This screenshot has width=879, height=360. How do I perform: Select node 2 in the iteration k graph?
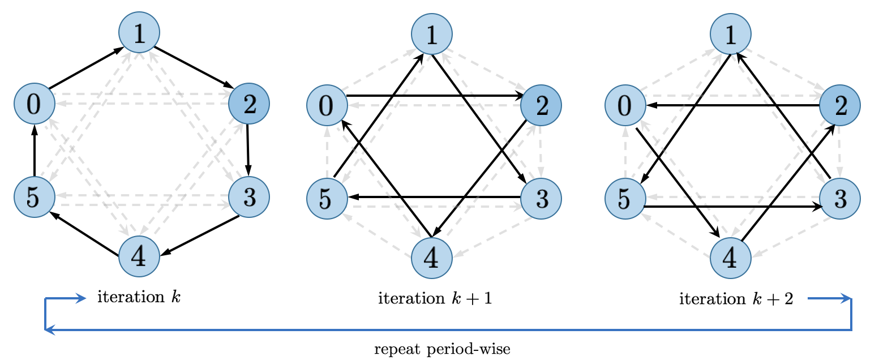coord(249,104)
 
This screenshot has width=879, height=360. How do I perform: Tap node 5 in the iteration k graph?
coord(35,196)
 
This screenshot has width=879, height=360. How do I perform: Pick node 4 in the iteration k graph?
coord(139,256)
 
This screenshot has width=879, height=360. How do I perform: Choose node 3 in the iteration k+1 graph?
coord(541,199)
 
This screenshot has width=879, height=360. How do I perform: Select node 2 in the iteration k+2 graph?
coord(840,106)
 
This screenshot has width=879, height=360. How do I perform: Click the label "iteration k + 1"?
coord(435,298)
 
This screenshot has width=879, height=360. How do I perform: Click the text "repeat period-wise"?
coord(442,349)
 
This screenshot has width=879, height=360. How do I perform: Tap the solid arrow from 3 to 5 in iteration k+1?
coord(434,197)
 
